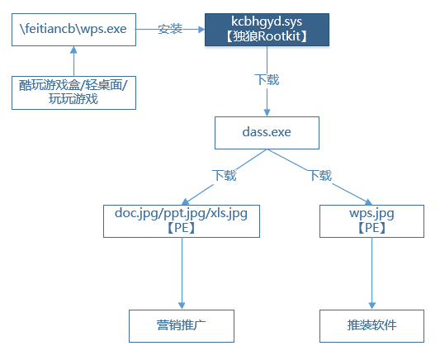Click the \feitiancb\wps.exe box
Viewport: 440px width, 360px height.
(x=73, y=30)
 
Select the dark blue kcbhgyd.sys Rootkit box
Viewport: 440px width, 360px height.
(x=267, y=30)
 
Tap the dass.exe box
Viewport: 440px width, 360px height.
(x=267, y=133)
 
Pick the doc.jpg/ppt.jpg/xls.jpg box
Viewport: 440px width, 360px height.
(x=182, y=221)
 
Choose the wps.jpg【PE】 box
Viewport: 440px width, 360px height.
(x=371, y=221)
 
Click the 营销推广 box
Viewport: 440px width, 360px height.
(x=182, y=326)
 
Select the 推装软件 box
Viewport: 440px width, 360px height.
(x=371, y=326)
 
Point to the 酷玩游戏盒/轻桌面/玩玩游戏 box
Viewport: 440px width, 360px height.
(x=73, y=92)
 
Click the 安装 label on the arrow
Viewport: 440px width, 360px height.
(x=170, y=29)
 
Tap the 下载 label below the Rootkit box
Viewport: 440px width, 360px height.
(x=267, y=80)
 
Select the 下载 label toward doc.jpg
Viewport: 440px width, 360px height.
(x=225, y=175)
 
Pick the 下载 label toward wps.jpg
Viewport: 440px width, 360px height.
(x=321, y=175)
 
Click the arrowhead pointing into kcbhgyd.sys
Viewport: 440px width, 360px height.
(x=201, y=29)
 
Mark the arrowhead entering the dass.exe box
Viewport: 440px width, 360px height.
(x=267, y=113)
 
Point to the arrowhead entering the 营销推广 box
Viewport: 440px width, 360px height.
(x=182, y=306)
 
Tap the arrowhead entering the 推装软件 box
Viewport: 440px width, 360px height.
(x=372, y=306)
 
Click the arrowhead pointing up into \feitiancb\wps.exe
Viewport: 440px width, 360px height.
(x=73, y=50)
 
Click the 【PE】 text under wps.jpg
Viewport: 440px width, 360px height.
(x=371, y=228)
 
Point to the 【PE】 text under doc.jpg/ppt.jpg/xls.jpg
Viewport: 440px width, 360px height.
(x=182, y=228)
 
